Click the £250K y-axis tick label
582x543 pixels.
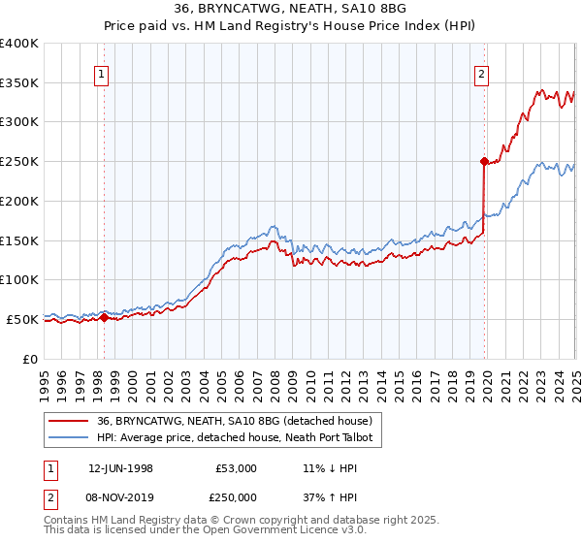click(x=18, y=162)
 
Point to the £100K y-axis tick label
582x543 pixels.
click(x=18, y=280)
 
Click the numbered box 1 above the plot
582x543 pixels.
click(x=102, y=73)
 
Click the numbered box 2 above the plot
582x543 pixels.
click(x=481, y=73)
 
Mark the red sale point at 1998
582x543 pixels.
click(x=105, y=317)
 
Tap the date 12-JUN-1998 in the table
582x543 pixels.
click(x=120, y=468)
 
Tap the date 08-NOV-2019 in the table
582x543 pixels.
click(x=120, y=496)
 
